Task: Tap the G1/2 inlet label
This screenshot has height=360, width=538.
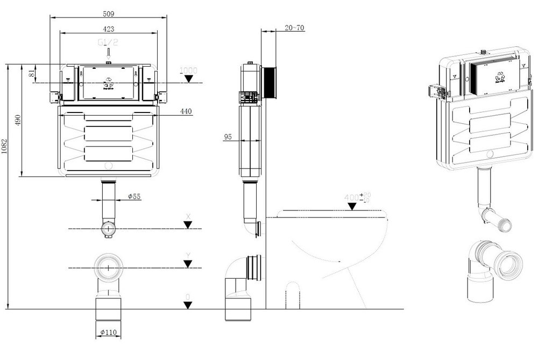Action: [109, 41]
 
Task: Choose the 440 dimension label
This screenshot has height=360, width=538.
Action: [186, 111]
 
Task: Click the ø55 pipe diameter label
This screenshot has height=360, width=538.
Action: [134, 197]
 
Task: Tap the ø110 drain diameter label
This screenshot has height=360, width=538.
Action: [108, 333]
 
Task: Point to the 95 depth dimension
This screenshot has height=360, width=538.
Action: [228, 137]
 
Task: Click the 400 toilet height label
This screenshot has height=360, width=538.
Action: [355, 198]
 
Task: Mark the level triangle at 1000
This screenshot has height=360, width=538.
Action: [188, 79]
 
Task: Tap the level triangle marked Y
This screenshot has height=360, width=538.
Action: [187, 263]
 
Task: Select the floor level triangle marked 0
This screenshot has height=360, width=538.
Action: [187, 305]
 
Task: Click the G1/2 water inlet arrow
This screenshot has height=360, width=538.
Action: [109, 53]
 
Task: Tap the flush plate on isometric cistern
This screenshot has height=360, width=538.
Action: [491, 75]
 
